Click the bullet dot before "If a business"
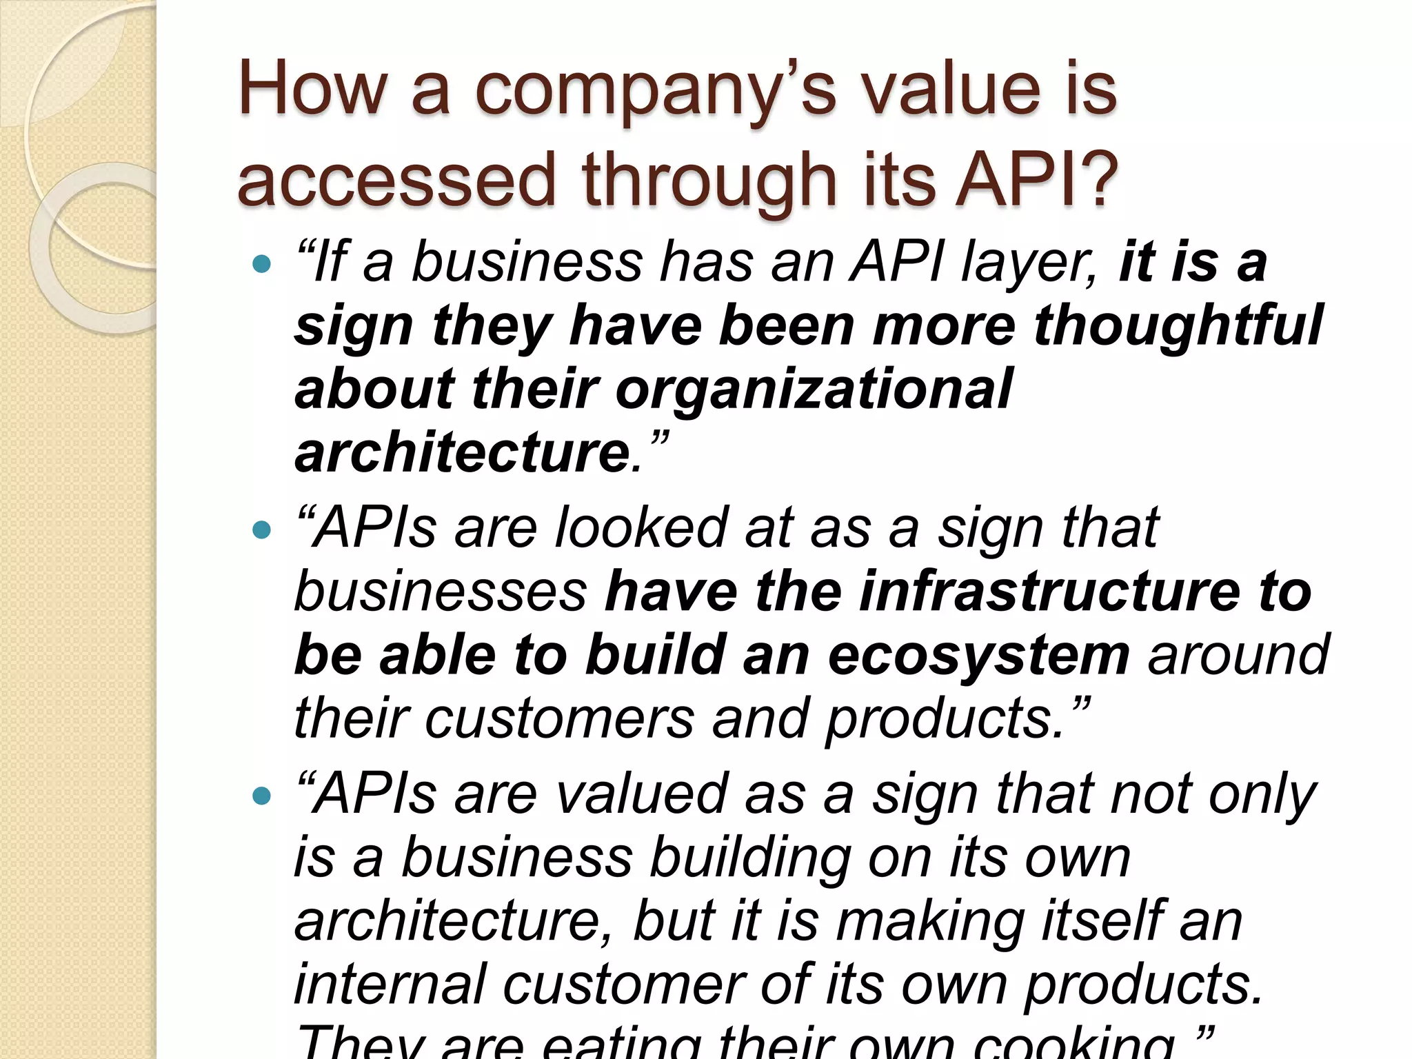(x=262, y=263)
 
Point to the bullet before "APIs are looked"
(x=262, y=529)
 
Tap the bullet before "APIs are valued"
(x=262, y=796)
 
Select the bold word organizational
(x=814, y=389)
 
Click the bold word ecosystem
(x=979, y=655)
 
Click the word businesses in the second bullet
(x=441, y=592)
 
